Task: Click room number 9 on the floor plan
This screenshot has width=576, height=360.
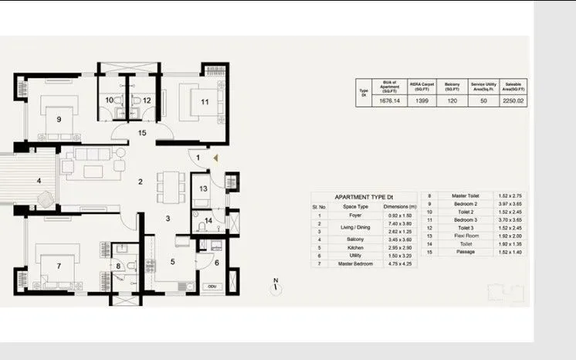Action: (59, 119)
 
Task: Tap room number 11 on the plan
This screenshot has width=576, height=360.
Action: (205, 101)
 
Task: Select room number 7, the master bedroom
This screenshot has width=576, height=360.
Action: (59, 267)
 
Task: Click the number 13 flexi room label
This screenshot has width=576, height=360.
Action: (203, 188)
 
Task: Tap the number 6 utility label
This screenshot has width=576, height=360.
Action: (216, 263)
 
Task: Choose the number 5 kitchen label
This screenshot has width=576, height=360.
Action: (172, 262)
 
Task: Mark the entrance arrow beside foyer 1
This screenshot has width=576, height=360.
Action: (216, 158)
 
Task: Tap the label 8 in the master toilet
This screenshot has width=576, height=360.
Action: (118, 267)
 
